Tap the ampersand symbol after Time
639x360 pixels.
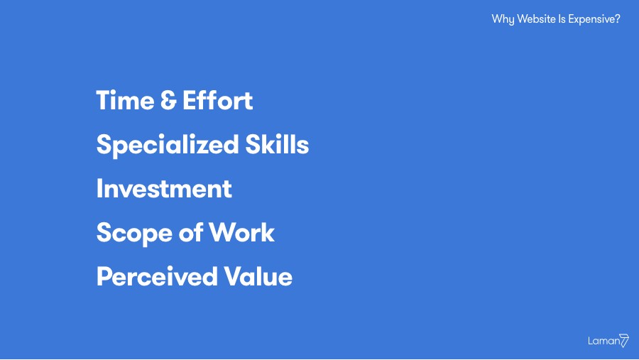point(168,100)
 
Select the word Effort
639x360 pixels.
point(218,100)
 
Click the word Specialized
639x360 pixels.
point(168,146)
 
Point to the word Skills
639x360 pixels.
point(277,144)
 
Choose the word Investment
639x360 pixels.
point(164,188)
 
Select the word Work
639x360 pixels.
point(242,232)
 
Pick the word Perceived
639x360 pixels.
point(157,276)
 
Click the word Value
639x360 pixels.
point(258,276)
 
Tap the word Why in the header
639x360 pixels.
point(503,20)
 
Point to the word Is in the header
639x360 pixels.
point(562,18)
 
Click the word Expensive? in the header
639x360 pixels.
point(594,20)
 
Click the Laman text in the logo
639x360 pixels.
point(603,341)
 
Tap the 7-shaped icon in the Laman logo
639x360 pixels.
point(624,340)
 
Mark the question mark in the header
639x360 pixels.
point(618,18)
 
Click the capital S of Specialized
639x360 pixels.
point(104,144)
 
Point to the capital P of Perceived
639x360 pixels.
point(104,276)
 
